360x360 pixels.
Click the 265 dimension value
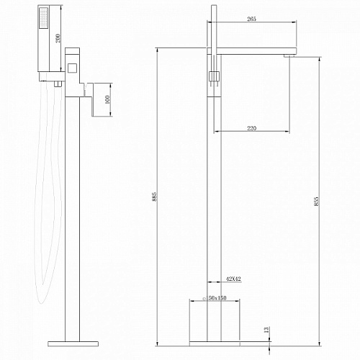(x=251, y=19)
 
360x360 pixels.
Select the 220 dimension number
(x=251, y=128)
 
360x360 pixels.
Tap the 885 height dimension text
(x=155, y=197)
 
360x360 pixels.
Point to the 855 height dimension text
(x=316, y=201)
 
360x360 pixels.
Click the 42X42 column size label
(x=233, y=279)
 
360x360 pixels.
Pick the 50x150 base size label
(x=217, y=298)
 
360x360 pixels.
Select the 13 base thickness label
(x=266, y=330)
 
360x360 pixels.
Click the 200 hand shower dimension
(x=58, y=38)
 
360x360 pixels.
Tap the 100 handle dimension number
(x=107, y=99)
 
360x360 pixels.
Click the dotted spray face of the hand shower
(x=43, y=18)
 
